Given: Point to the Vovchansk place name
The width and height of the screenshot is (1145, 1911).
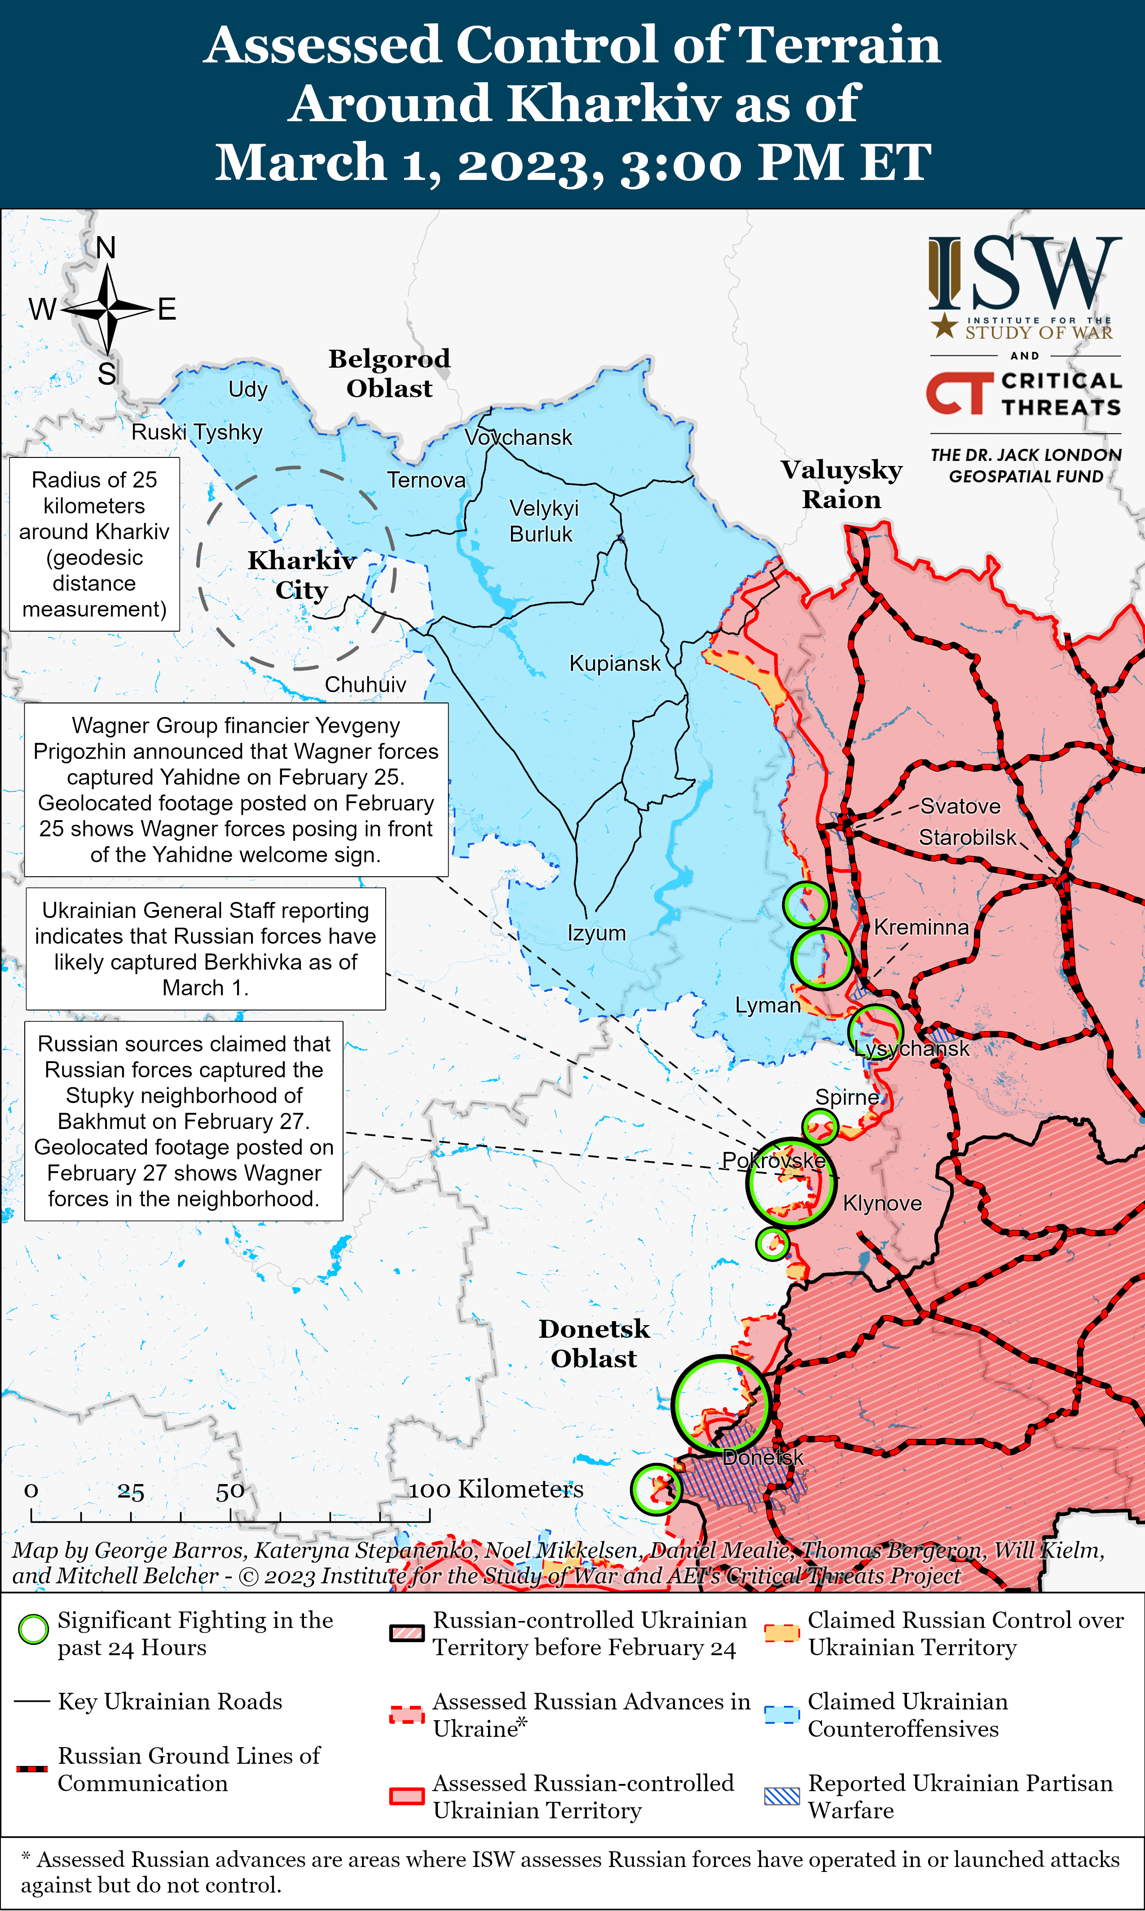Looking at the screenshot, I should pyautogui.click(x=519, y=437).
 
